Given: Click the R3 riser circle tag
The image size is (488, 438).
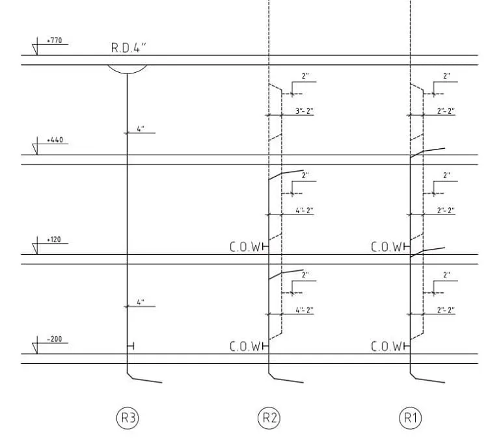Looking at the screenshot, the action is tap(128, 418).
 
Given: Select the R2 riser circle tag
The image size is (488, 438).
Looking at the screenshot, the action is tap(269, 418).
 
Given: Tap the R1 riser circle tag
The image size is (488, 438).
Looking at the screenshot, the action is tap(411, 418).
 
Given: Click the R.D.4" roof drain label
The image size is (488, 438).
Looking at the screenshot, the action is tap(129, 48).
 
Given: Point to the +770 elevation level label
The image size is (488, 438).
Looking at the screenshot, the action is tap(55, 40).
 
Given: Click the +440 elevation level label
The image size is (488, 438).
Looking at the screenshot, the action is tap(55, 140).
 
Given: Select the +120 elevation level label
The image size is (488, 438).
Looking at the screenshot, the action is tap(54, 240).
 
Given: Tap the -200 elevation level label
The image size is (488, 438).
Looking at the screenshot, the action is tap(55, 339).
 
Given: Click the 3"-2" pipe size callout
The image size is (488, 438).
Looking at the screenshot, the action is tap(305, 111).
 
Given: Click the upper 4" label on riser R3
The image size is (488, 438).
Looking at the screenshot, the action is tap(141, 129).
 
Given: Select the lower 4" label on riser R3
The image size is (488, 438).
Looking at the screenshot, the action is tap(141, 302).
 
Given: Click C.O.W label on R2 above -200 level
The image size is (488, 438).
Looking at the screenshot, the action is tap(245, 346).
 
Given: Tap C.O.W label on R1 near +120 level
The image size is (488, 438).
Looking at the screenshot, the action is tap(386, 247).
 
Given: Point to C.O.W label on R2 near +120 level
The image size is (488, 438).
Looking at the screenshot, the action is tap(245, 247).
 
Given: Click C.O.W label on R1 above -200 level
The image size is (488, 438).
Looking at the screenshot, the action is tap(386, 346).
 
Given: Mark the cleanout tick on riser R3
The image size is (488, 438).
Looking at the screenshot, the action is tap(131, 346).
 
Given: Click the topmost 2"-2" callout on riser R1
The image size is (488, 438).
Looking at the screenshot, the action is tap(446, 111).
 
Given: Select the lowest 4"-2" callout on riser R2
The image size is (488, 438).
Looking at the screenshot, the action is tap(305, 310).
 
